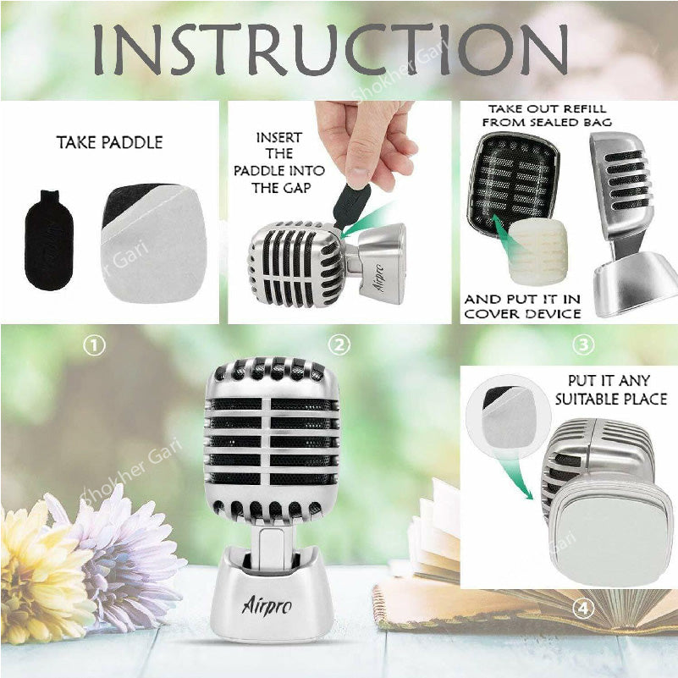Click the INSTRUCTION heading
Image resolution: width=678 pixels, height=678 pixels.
tap(330, 49)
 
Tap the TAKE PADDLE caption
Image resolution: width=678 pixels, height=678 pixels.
tap(110, 142)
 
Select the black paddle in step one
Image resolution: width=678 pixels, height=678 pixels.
tap(49, 240)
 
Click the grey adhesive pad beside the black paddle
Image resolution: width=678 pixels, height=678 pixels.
tap(154, 244)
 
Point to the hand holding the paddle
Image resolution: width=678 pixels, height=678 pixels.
tap(364, 143)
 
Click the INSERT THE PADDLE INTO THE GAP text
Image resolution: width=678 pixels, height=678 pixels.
tap(278, 163)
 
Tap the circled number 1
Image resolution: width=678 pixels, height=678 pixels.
tap(94, 345)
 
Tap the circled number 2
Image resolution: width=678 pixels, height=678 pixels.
tap(339, 345)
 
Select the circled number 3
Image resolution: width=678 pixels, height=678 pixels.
tap(583, 345)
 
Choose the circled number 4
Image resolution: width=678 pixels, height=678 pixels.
tap(583, 609)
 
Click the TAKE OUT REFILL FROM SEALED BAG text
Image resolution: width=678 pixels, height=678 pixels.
tap(547, 115)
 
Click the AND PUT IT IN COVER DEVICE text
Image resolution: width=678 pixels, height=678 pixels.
tap(522, 306)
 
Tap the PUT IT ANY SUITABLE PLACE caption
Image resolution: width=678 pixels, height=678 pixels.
tap(610, 390)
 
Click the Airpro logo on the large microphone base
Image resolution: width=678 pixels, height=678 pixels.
tap(267, 604)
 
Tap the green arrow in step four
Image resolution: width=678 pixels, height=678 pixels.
tap(515, 476)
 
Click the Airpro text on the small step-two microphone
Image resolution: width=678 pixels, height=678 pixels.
tap(380, 278)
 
